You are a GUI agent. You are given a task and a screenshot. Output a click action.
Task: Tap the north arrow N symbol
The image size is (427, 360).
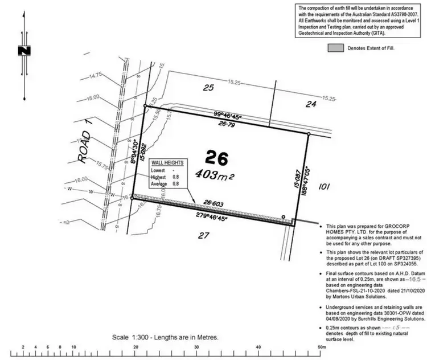click(23, 51)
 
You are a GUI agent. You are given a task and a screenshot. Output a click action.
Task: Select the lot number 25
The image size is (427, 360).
click(208, 87)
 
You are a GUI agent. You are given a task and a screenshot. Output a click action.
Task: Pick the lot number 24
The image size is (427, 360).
click(311, 104)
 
